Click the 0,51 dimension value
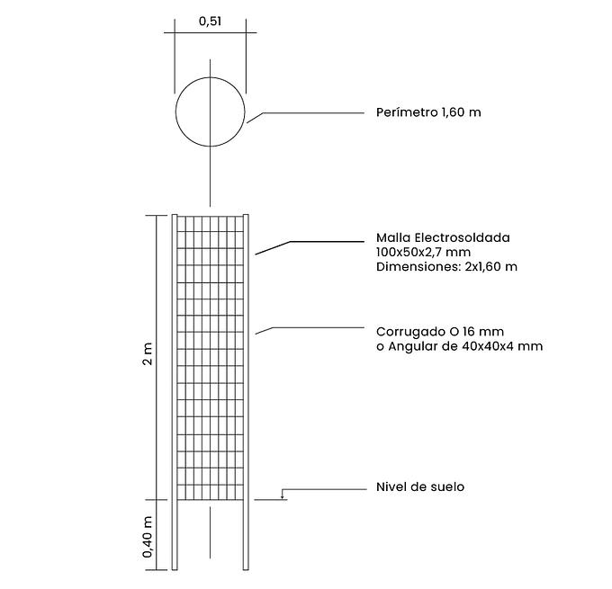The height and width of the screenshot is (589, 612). point(210,22)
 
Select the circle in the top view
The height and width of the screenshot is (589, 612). point(210,112)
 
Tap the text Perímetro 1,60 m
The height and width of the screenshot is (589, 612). point(428,112)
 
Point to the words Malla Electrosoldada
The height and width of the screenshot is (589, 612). point(443,237)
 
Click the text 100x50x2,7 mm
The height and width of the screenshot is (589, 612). point(424,252)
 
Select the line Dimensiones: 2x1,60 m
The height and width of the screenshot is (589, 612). point(447,267)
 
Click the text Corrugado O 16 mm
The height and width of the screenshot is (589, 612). point(440,332)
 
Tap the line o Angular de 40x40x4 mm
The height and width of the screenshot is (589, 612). point(459,346)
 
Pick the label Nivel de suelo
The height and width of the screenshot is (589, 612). point(420,486)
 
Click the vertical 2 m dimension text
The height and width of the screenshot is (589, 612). point(148,353)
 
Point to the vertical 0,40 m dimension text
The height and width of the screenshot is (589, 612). point(148,537)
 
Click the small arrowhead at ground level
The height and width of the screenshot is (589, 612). point(282,497)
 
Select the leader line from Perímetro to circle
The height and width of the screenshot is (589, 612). point(305,116)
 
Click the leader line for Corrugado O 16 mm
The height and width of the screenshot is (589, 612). point(310,329)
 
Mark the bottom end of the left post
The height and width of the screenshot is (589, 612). point(175,570)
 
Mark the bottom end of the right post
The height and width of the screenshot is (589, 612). point(246,570)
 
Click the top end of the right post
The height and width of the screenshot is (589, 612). point(246,215)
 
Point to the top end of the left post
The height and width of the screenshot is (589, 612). point(175,215)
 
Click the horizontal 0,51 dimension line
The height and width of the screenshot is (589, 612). point(210,32)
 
